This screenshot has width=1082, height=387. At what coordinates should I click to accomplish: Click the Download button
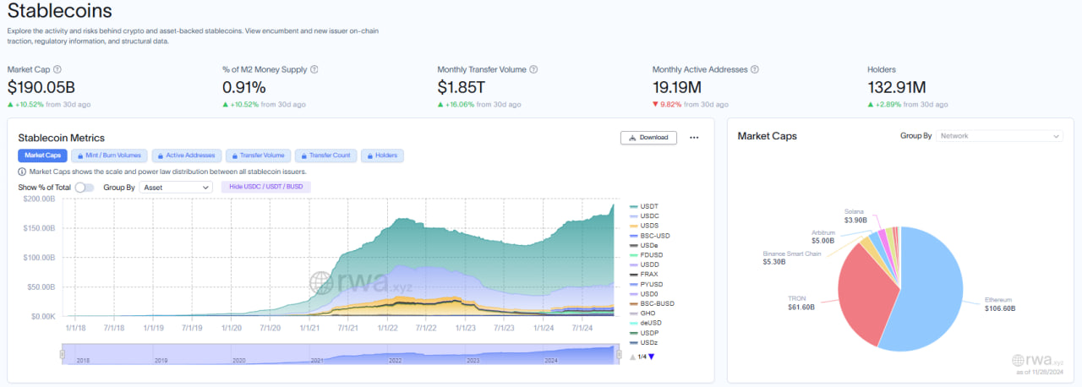coord(648,138)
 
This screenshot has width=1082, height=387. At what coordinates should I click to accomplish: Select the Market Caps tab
coord(42,155)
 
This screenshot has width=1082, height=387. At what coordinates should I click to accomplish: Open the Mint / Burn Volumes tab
coord(110,155)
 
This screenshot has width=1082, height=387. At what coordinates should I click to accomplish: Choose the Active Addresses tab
coord(188,155)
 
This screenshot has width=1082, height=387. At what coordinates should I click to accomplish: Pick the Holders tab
coord(383,155)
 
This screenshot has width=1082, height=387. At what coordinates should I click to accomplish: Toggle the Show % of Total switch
coord(85,188)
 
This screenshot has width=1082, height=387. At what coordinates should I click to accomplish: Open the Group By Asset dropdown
coord(176,188)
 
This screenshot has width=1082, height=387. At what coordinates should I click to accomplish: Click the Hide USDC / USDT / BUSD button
coord(266,187)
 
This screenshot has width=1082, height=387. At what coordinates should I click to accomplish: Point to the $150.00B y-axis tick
coord(39,228)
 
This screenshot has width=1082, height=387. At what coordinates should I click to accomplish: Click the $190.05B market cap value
coord(41,87)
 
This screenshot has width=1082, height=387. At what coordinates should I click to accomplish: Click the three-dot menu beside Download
coord(694,138)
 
